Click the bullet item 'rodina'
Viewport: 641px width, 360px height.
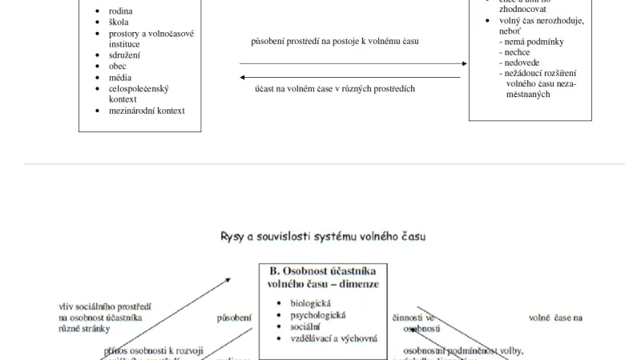[x=120, y=11]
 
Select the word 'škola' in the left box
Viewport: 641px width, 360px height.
[x=119, y=22]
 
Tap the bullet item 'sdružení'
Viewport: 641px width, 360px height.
[x=124, y=55]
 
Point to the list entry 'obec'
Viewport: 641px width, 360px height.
[x=118, y=67]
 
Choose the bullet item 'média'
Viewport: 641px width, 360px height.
[x=120, y=78]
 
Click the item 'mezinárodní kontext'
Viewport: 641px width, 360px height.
[x=147, y=111]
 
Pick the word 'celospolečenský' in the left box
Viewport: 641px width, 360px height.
[x=138, y=89]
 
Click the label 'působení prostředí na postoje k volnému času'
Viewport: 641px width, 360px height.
[x=335, y=40]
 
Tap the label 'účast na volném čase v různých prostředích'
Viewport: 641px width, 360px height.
[x=334, y=89]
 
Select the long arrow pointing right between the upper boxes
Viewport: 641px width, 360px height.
[x=353, y=63]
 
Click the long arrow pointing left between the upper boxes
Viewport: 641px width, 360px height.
[x=350, y=77]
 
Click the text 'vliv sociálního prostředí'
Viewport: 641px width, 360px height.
[x=105, y=306]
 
